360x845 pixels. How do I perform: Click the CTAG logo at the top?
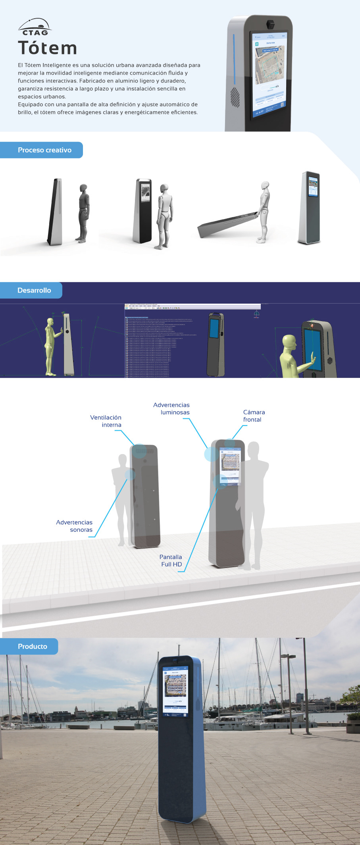35,27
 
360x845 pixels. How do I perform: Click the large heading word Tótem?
47,48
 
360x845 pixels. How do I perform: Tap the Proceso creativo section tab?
44,150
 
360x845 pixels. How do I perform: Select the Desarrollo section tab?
34,290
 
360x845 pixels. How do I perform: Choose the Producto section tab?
32,647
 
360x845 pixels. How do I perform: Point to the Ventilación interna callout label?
106,421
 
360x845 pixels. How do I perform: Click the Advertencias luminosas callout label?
172,408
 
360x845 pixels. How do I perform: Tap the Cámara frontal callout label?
254,416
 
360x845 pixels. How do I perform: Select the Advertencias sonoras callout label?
75,526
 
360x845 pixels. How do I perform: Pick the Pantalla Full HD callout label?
171,560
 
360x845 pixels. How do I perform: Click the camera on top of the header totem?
271,23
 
